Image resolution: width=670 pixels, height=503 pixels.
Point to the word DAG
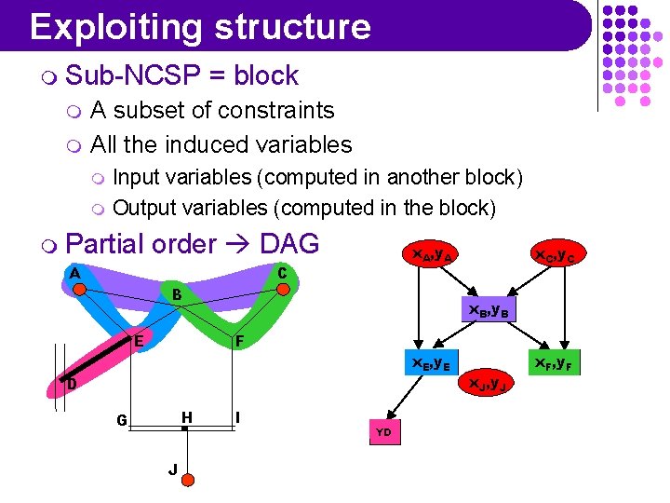tap(289, 244)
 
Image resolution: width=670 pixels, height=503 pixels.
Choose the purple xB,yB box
tap(487, 309)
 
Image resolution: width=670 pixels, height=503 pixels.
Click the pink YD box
tap(383, 431)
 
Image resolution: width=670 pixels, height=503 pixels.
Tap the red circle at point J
tap(187, 480)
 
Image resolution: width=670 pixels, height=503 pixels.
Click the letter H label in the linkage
tap(187, 416)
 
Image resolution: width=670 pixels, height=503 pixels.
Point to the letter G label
tap(122, 419)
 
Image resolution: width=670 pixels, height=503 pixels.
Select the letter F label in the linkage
tap(239, 342)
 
